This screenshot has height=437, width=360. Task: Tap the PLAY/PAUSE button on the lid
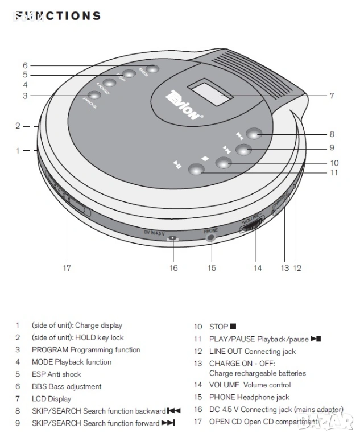(196, 168)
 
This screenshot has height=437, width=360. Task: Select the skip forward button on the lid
(243, 150)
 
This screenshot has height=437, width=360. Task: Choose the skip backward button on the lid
(254, 133)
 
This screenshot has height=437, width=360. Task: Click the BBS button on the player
(154, 69)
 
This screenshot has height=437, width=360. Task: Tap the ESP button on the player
(129, 73)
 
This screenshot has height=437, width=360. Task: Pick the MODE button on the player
(109, 83)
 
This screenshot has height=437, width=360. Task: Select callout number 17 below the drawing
(67, 267)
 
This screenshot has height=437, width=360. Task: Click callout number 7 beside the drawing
(332, 96)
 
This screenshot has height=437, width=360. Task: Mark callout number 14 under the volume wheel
(258, 267)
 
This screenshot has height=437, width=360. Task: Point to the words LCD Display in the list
(51, 399)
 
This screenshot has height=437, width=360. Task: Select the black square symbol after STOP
(233, 327)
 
